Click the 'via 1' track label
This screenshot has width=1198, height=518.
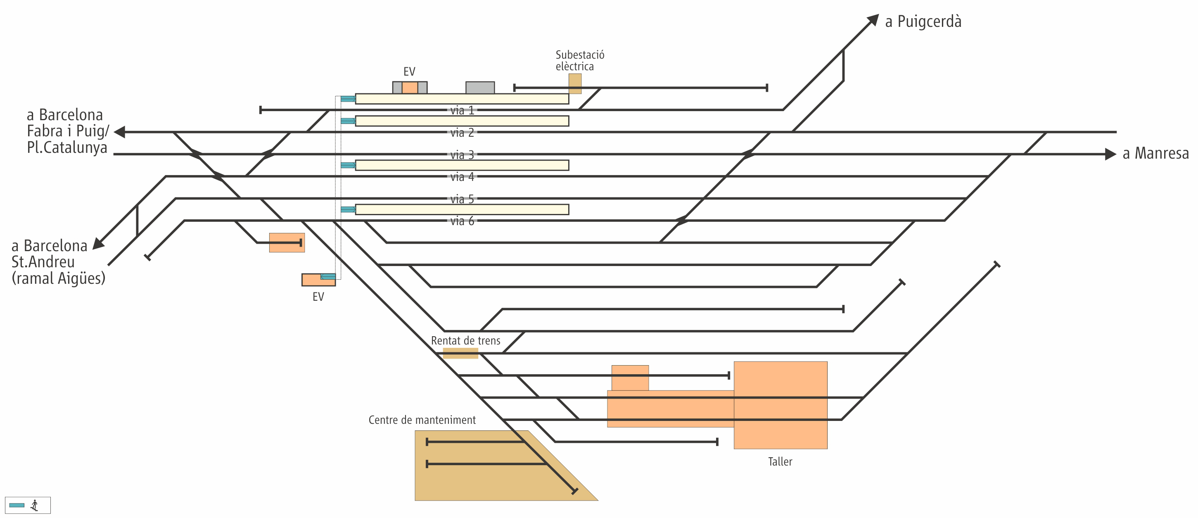(x=462, y=111)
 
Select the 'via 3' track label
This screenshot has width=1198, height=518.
(x=462, y=155)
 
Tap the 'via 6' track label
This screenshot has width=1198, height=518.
(x=462, y=221)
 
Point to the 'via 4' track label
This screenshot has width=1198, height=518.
(x=462, y=177)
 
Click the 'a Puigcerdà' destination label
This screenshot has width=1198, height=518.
(x=923, y=22)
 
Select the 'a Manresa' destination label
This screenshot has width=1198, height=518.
(x=1155, y=153)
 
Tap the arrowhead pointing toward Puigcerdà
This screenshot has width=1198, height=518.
(x=873, y=21)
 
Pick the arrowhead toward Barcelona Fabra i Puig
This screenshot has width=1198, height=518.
(x=120, y=132)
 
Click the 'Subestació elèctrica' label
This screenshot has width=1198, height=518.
(x=579, y=61)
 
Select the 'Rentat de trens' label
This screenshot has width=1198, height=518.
(x=465, y=341)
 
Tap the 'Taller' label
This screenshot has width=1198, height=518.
(x=780, y=462)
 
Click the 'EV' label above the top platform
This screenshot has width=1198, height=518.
(x=409, y=71)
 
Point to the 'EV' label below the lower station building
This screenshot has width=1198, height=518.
(x=318, y=297)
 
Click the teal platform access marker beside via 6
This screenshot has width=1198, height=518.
(x=348, y=210)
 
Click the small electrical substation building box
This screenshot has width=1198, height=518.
(x=575, y=84)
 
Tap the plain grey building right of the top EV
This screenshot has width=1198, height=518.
(x=480, y=88)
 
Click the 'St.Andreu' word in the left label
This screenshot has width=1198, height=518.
(x=43, y=262)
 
